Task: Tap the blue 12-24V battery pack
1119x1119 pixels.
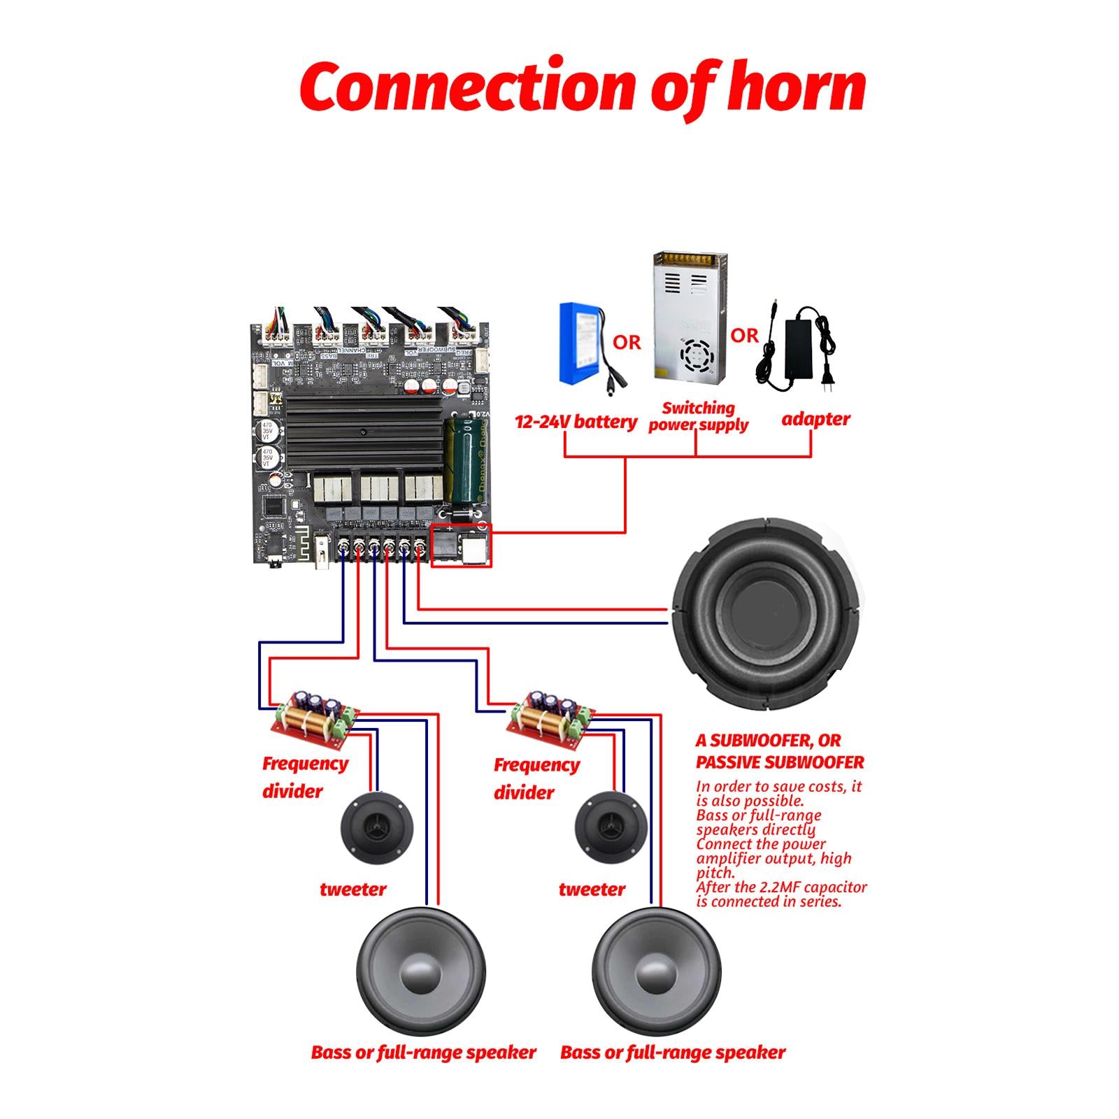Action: click(582, 343)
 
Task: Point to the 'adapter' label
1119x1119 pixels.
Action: click(815, 419)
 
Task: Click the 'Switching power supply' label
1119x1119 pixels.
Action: click(698, 417)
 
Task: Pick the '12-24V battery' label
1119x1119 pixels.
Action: click(576, 422)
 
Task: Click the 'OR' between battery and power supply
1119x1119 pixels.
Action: click(627, 342)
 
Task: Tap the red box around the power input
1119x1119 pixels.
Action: click(462, 545)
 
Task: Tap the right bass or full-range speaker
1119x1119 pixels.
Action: click(656, 972)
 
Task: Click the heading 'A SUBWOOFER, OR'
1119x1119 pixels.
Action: click(768, 741)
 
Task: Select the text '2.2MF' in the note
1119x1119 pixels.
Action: click(777, 888)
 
